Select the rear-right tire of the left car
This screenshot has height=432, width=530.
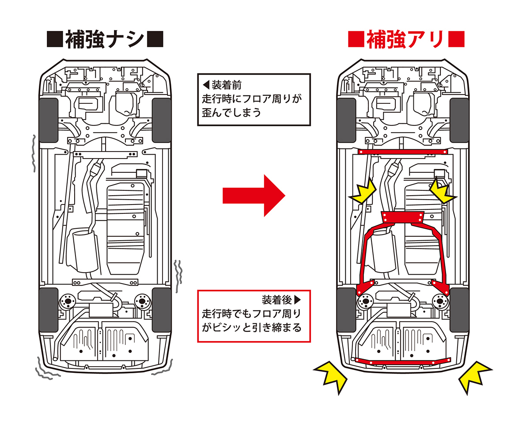tap(161, 309)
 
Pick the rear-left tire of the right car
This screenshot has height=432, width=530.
tap(346, 309)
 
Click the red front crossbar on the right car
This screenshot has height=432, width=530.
tap(402, 152)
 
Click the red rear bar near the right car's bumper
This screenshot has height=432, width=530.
tap(403, 361)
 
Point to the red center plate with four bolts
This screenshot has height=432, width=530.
tap(402, 217)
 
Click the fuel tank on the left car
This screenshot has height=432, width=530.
tap(125, 225)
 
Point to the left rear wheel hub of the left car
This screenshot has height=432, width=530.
tap(67, 302)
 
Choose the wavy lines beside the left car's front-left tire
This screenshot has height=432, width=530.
tap(33, 152)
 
